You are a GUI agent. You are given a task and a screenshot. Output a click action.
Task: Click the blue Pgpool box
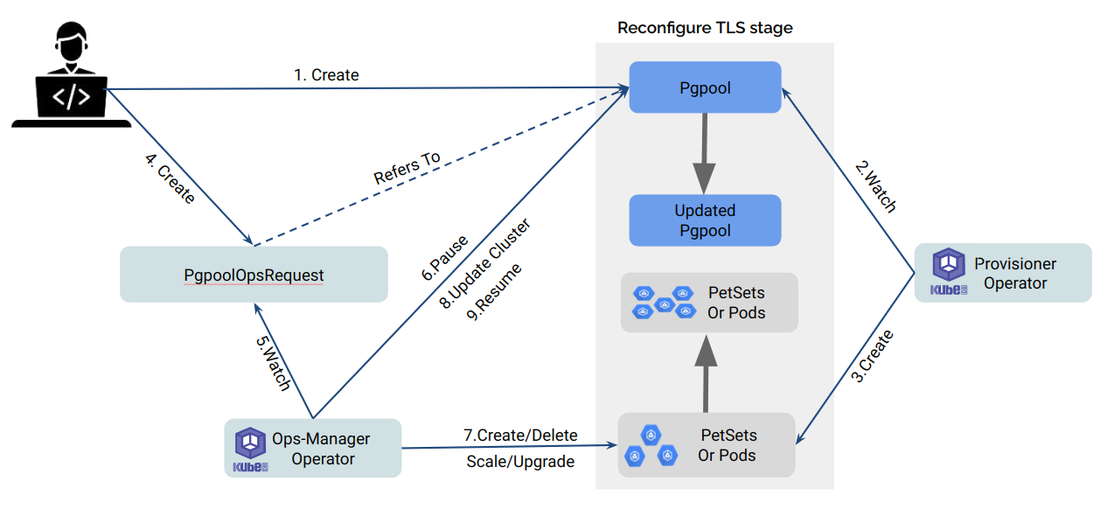pyautogui.click(x=705, y=87)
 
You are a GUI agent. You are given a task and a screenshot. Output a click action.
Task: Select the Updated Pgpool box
pyautogui.click(x=705, y=220)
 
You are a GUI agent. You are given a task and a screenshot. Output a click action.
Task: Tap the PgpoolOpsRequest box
pyautogui.click(x=254, y=275)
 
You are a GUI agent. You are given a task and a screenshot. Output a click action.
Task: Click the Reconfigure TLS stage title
pyautogui.click(x=705, y=28)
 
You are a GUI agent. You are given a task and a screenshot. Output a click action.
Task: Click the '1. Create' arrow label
pyautogui.click(x=326, y=75)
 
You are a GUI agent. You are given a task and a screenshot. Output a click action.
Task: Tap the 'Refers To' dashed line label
pyautogui.click(x=407, y=168)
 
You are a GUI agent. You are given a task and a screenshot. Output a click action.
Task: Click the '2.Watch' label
pyautogui.click(x=874, y=187)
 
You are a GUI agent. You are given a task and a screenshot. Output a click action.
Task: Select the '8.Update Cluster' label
pyautogui.click(x=484, y=266)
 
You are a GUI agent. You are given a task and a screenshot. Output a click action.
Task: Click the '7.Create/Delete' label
pyautogui.click(x=520, y=435)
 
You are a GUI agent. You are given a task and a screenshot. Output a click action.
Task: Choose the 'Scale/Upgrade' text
pyautogui.click(x=520, y=461)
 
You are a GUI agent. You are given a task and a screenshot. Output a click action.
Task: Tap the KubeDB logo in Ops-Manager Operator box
pyautogui.click(x=252, y=449)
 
